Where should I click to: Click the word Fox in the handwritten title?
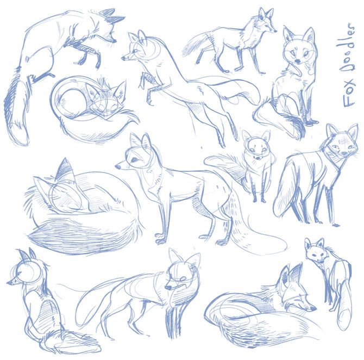(x=349, y=94)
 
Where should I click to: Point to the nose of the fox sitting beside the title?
(x=297, y=61)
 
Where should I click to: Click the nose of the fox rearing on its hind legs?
(x=123, y=58)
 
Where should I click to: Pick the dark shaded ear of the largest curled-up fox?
(x=64, y=169)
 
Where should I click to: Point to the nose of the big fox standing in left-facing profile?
(x=118, y=166)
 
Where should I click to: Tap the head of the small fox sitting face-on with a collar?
(x=256, y=146)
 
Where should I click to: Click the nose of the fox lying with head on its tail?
(x=313, y=308)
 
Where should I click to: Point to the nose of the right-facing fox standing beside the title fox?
(x=275, y=30)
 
